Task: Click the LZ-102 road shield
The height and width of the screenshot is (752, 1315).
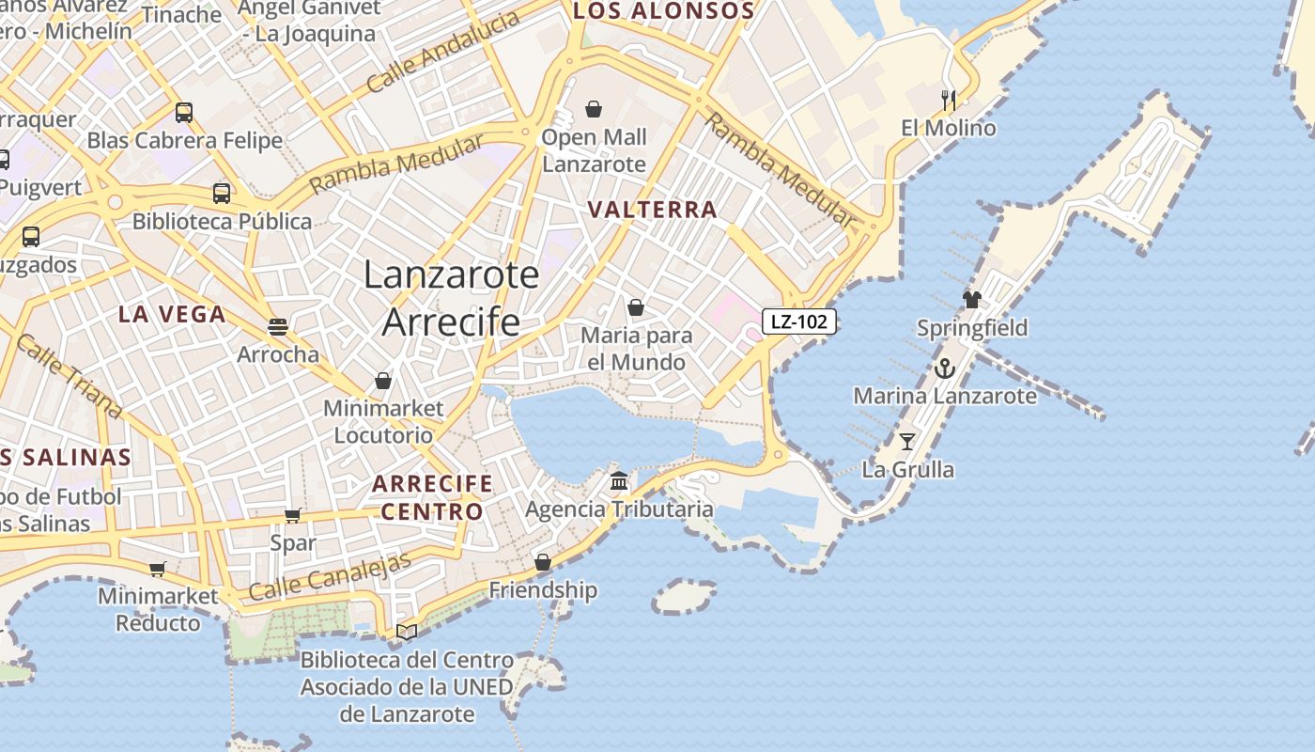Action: [798, 321]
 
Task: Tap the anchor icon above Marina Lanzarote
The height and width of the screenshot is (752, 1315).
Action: [945, 368]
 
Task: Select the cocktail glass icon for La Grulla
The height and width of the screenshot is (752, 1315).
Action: [907, 441]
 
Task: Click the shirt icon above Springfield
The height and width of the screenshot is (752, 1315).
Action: [972, 300]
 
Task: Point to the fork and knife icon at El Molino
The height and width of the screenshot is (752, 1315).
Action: [949, 100]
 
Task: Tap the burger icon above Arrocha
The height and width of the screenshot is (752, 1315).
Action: [277, 326]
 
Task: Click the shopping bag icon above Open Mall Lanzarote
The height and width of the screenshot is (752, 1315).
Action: [594, 109]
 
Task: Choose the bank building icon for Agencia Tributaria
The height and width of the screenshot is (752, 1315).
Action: [619, 481]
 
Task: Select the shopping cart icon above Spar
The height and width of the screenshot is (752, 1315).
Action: [292, 515]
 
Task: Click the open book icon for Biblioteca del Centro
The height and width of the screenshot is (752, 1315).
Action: [407, 632]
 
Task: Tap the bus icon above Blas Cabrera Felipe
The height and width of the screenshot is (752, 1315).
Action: [184, 113]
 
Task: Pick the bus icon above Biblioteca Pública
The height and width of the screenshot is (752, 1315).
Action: [222, 194]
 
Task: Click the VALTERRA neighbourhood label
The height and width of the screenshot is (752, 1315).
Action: [653, 210]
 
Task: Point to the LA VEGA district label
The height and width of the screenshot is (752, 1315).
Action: [172, 315]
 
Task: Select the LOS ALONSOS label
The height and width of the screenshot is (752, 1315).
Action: [663, 12]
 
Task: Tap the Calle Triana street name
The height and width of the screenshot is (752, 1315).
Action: [69, 376]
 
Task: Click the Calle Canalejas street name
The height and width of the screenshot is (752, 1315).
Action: [331, 576]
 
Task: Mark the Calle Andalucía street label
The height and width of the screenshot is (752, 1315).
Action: [442, 52]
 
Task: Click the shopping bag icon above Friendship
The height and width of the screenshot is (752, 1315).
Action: [543, 562]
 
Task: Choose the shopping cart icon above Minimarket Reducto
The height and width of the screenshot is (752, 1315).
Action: [158, 569]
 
